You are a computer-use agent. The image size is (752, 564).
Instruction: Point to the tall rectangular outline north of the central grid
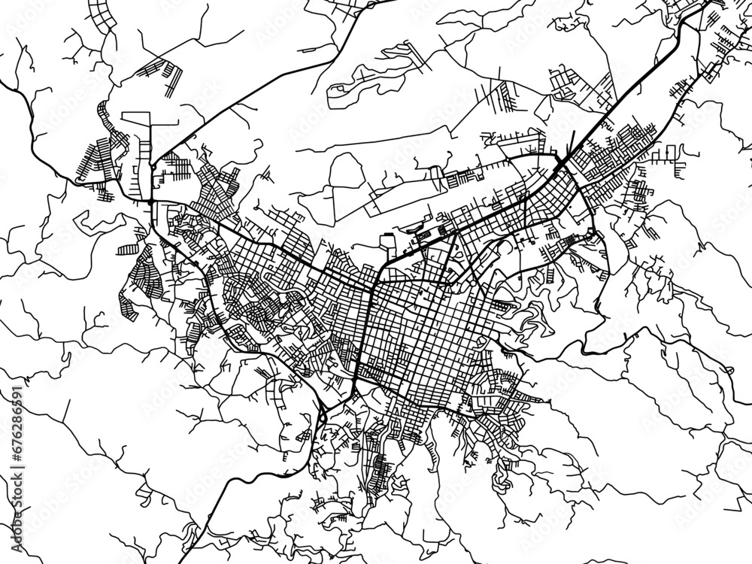[388, 244]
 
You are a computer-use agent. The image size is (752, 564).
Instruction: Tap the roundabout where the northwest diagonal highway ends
[151, 202]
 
